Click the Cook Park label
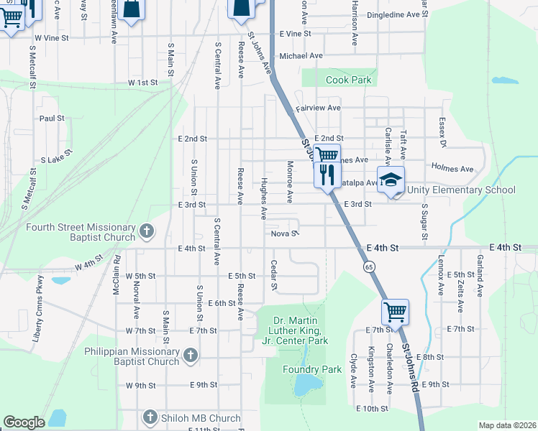click(x=348, y=80)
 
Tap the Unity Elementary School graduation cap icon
click(x=391, y=180)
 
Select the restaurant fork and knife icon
click(x=327, y=173)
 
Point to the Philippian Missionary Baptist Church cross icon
click(x=190, y=355)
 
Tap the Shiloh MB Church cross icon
click(x=150, y=417)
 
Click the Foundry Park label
click(x=321, y=369)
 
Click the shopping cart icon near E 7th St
click(x=395, y=312)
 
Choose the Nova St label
click(x=284, y=233)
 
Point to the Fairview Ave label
click(x=317, y=108)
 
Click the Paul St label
click(x=52, y=118)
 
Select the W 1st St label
click(x=142, y=83)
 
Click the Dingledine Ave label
click(x=393, y=14)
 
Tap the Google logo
click(x=24, y=422)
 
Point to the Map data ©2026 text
click(x=506, y=425)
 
